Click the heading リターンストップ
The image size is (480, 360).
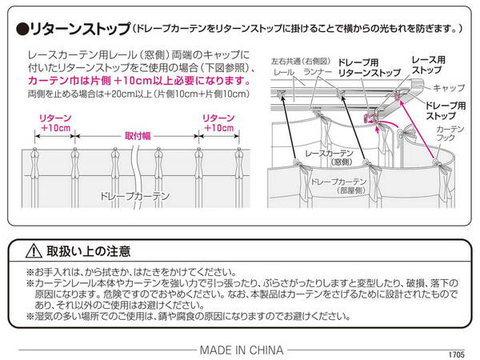pyautogui.click(x=80, y=29)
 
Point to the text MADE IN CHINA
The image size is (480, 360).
pyautogui.click(x=239, y=348)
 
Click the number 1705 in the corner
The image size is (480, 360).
pyautogui.click(x=457, y=353)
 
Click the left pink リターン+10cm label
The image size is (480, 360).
pyautogui.click(x=54, y=122)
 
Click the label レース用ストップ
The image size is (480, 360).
pyautogui.click(x=428, y=65)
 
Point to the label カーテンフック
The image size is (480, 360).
pyautogui.click(x=451, y=133)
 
